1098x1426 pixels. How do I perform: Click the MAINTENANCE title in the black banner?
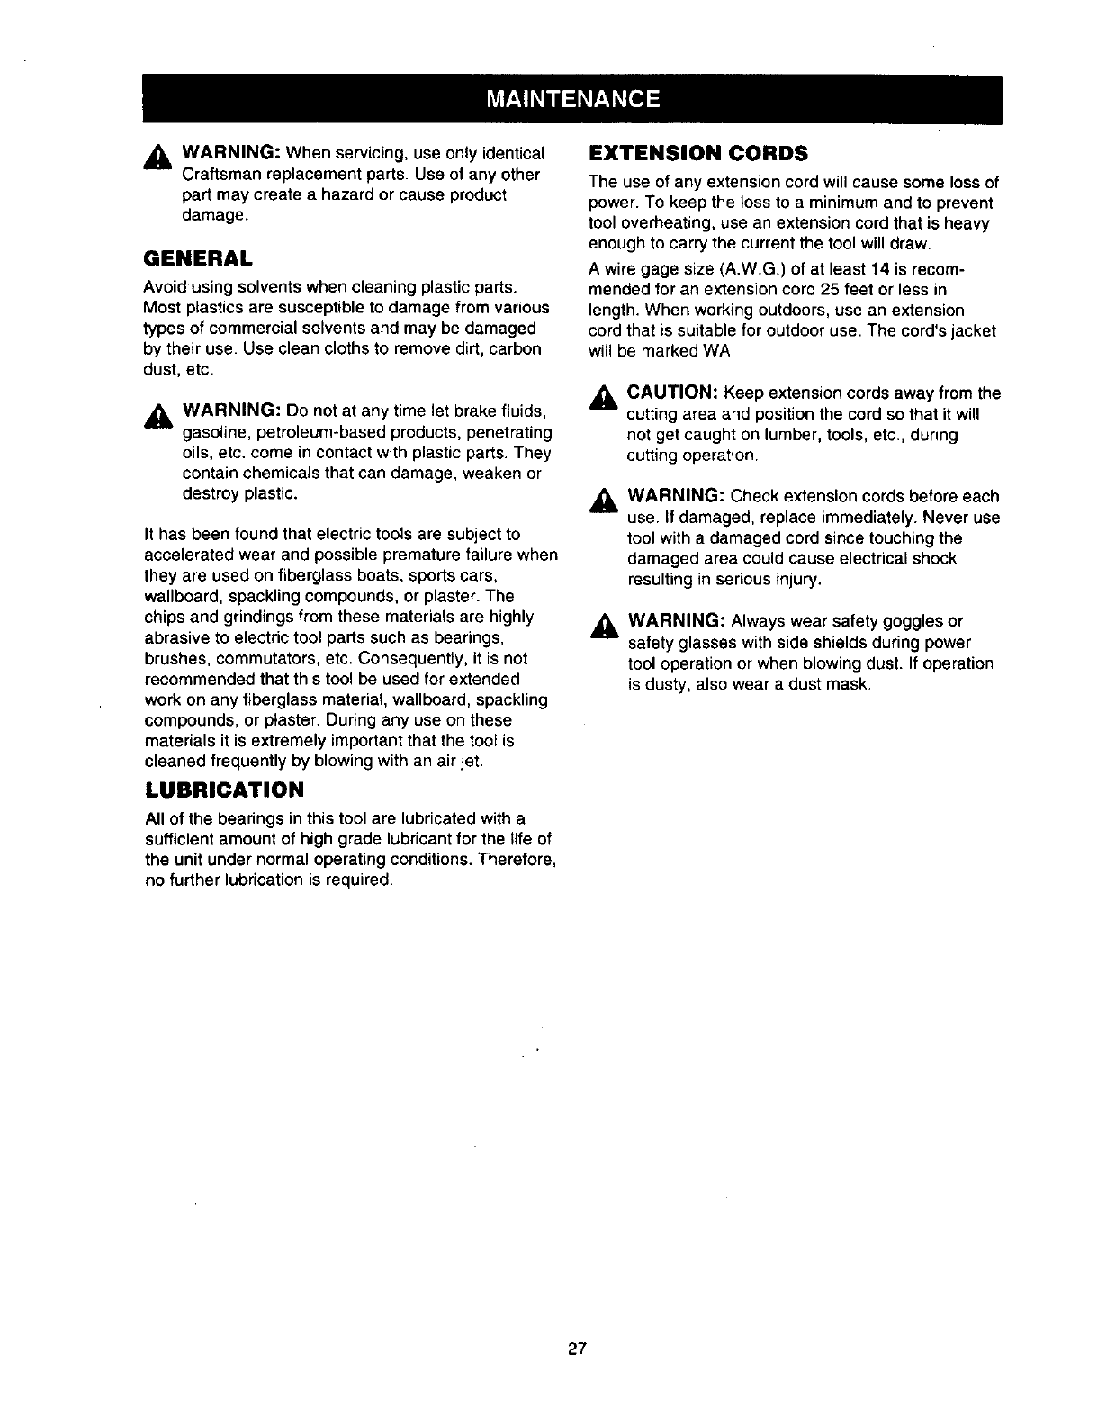(x=571, y=98)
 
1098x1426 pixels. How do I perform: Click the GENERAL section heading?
(x=198, y=258)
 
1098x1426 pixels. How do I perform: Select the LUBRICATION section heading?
(x=224, y=790)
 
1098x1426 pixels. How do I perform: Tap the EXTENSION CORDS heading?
(x=697, y=151)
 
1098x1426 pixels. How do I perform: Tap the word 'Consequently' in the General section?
(x=409, y=658)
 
